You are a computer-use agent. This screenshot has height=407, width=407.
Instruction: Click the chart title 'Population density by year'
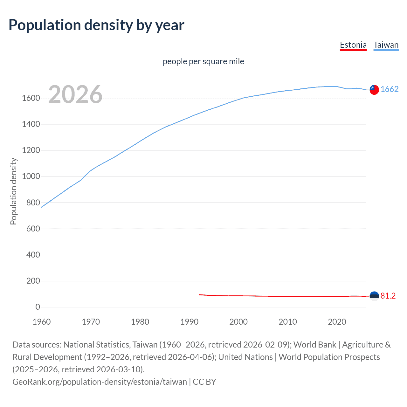coord(96,25)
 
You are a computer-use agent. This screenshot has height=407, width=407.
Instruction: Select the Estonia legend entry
coord(353,45)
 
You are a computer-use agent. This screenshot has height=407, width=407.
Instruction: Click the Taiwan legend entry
coord(386,45)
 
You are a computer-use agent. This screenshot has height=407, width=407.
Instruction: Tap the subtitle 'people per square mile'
coord(203,61)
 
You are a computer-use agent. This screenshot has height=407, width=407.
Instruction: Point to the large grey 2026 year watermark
coord(75,94)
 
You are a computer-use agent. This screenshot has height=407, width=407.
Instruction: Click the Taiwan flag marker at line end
coord(374,90)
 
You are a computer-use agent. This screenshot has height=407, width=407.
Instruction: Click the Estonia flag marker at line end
coord(374,296)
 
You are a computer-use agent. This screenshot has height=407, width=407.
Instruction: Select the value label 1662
coord(390,89)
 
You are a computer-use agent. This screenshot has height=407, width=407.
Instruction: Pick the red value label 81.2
coord(388,296)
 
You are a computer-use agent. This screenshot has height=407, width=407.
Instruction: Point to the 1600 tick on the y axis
coord(31,98)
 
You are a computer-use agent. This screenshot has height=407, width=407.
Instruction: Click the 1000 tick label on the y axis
coord(31,176)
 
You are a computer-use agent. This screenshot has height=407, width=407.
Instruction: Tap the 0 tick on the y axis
coord(38,307)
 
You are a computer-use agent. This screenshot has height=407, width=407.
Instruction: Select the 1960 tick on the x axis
coord(42,322)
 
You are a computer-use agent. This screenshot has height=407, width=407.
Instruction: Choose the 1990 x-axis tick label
coord(189,322)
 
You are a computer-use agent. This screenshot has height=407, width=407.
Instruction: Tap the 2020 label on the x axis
coord(337,322)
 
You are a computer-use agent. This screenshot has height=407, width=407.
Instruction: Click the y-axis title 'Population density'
coord(13,191)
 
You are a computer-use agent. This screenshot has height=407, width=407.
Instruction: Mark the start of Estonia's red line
coord(199,295)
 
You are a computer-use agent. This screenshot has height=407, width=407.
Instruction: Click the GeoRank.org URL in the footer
coord(100,382)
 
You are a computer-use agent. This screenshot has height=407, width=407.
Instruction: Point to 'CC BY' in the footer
coord(204,382)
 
